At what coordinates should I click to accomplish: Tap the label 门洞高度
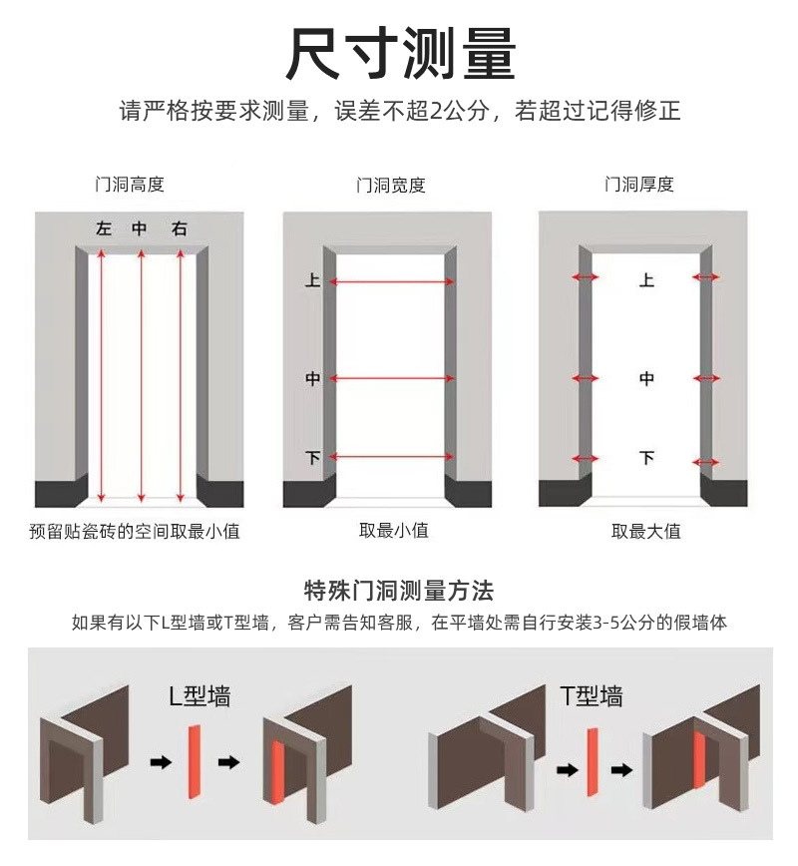(x=130, y=185)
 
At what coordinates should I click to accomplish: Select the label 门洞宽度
(x=391, y=185)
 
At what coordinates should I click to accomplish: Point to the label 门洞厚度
(x=639, y=185)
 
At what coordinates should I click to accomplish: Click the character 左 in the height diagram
(x=104, y=228)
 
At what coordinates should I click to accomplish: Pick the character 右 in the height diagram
(x=180, y=228)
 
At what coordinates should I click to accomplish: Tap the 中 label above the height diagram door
(x=141, y=228)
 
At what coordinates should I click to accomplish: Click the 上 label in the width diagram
(x=312, y=281)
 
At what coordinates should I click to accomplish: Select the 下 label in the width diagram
(x=312, y=457)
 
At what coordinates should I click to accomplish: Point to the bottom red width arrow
(x=391, y=457)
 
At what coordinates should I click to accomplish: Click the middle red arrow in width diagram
(x=391, y=378)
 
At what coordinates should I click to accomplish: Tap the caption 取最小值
(x=393, y=531)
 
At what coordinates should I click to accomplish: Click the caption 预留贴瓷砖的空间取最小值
(x=135, y=531)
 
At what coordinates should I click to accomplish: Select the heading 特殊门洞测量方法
(x=399, y=591)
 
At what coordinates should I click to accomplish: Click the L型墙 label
(x=199, y=695)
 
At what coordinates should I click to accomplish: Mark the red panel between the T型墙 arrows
(x=593, y=762)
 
